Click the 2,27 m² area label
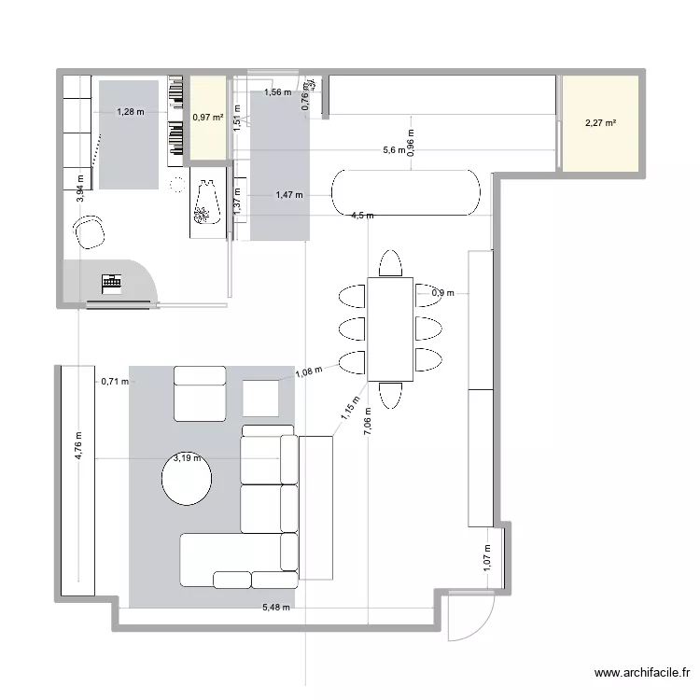coord(600,123)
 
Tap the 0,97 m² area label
coord(207,118)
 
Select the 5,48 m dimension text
coord(275,608)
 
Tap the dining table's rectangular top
coord(390,329)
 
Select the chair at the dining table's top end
coord(390,263)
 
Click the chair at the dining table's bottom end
coord(390,395)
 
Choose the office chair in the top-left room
coord(91,231)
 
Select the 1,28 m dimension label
coord(131,112)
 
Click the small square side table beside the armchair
coord(261,398)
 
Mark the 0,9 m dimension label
coord(442,293)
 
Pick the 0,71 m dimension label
coord(113,381)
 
